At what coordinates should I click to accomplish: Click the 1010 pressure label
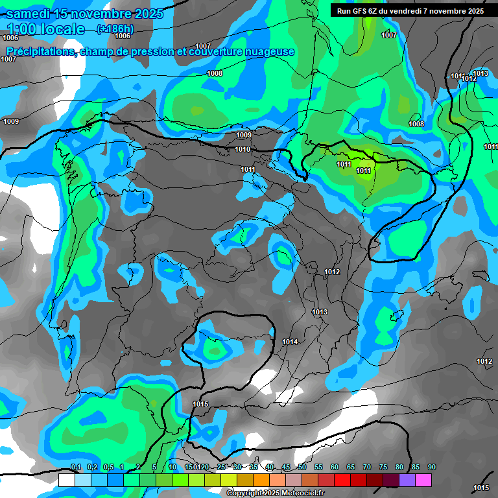243,150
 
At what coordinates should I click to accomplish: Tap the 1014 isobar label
290,342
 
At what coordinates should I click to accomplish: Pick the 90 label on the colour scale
432,468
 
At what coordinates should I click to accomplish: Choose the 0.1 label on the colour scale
76,468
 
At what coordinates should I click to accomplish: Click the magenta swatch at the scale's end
423,480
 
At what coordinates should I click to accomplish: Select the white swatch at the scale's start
67,480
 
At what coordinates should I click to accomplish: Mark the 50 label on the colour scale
302,468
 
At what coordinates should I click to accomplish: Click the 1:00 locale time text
46,29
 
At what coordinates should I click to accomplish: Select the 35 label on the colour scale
254,468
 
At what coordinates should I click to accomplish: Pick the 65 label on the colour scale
351,468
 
